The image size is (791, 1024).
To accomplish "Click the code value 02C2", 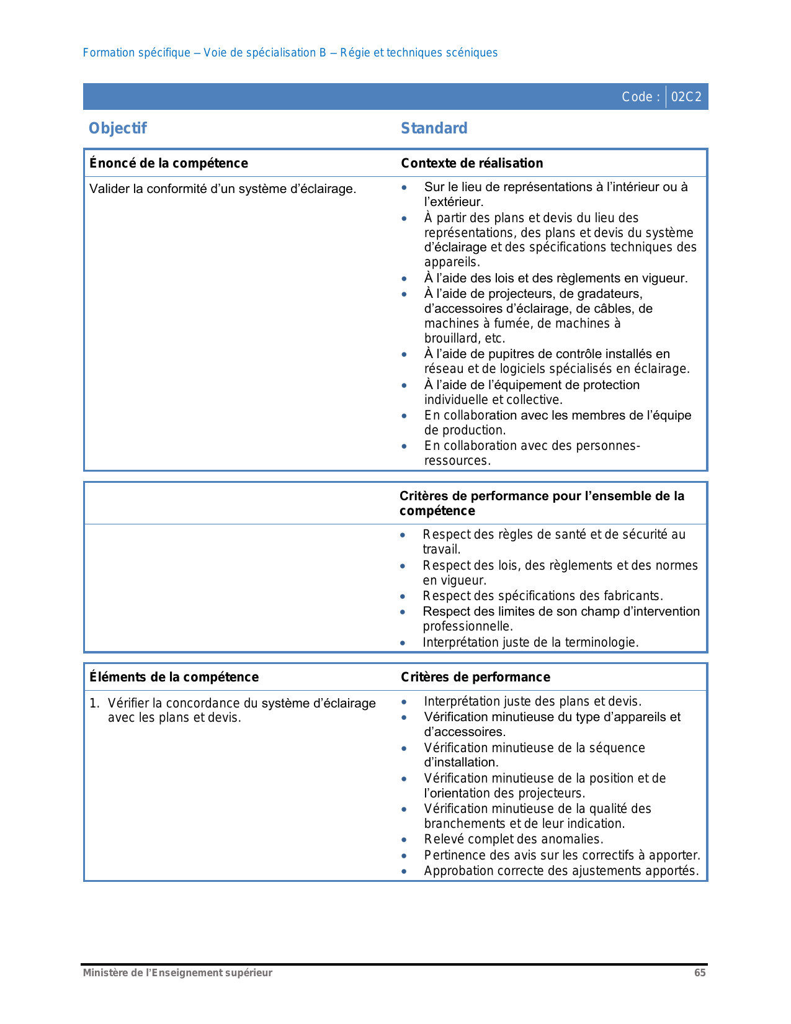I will (x=686, y=97).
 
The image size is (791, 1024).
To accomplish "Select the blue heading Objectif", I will (x=118, y=128).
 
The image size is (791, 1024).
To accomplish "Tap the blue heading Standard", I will (x=434, y=128).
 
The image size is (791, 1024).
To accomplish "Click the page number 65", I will (x=700, y=972).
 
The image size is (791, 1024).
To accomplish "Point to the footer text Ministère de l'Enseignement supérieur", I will (x=177, y=972).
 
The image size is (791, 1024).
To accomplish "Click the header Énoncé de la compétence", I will (x=169, y=163).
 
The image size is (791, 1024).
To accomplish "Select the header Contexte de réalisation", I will (x=472, y=163).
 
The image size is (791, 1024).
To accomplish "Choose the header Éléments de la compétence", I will (x=174, y=677).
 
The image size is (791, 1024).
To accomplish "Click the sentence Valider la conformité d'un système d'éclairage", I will (x=223, y=189).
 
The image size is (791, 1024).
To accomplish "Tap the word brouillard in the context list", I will (x=452, y=339).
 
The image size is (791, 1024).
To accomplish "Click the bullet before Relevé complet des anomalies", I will (x=404, y=840).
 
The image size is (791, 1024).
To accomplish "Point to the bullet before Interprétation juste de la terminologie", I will (x=403, y=643).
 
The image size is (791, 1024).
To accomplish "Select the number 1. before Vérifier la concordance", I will (x=94, y=703).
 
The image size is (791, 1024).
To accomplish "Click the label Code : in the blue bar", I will (x=641, y=97).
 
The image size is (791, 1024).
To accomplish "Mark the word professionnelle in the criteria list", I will (x=467, y=626).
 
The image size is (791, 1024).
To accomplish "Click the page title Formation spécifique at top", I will (x=136, y=53).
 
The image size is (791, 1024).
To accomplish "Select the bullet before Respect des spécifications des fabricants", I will (x=403, y=596).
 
